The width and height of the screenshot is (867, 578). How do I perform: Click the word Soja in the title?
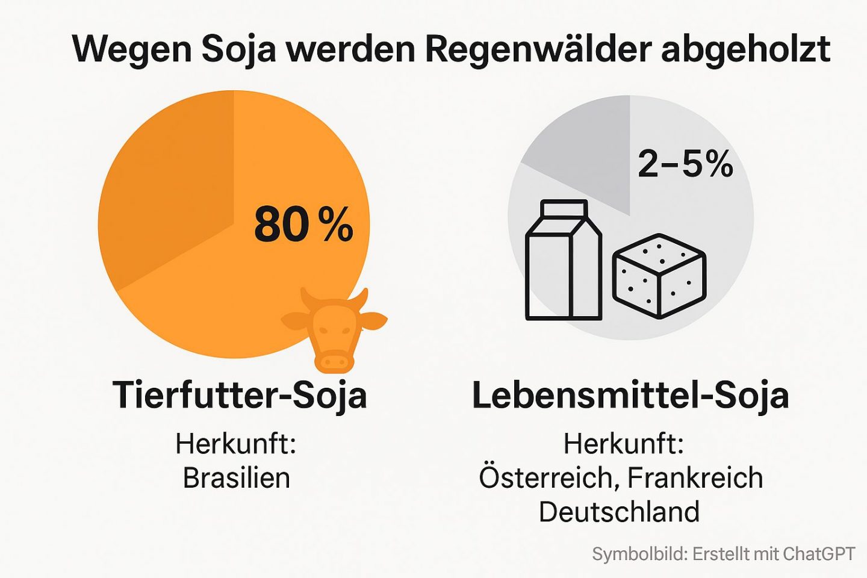(x=238, y=49)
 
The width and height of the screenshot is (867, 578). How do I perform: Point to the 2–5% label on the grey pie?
(x=685, y=163)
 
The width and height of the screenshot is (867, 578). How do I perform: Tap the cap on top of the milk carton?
(x=564, y=208)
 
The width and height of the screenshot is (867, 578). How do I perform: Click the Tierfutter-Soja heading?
(x=240, y=396)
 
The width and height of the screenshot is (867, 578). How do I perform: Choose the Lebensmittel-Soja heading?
(x=630, y=396)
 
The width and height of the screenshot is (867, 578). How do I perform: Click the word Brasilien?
(x=236, y=478)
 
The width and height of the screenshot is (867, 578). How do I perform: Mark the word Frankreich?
(x=695, y=478)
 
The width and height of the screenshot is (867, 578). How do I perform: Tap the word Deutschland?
(x=619, y=512)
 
